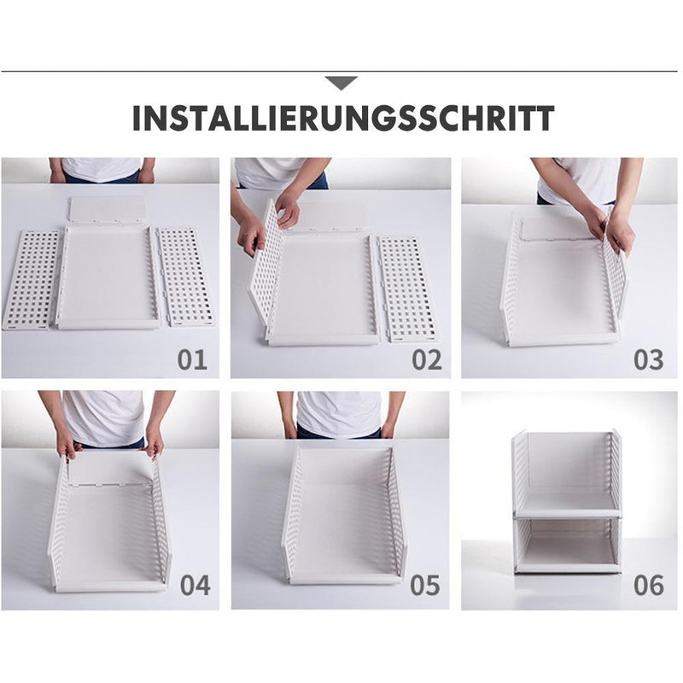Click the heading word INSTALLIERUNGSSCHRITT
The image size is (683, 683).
click(342, 119)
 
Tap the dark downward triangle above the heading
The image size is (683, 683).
click(341, 83)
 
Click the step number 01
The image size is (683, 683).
click(192, 359)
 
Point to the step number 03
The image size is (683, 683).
click(648, 359)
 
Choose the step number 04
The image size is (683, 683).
click(196, 586)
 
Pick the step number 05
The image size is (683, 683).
click(424, 586)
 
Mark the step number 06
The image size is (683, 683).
click(648, 586)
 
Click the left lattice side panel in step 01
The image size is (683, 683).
click(32, 277)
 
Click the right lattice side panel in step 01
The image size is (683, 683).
click(185, 276)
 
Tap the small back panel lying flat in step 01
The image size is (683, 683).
click(108, 210)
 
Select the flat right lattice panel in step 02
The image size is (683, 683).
click(407, 289)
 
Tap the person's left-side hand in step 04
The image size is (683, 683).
click(66, 443)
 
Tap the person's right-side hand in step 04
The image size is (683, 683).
click(155, 441)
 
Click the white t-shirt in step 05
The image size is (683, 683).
click(339, 413)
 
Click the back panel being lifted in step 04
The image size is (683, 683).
click(110, 468)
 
